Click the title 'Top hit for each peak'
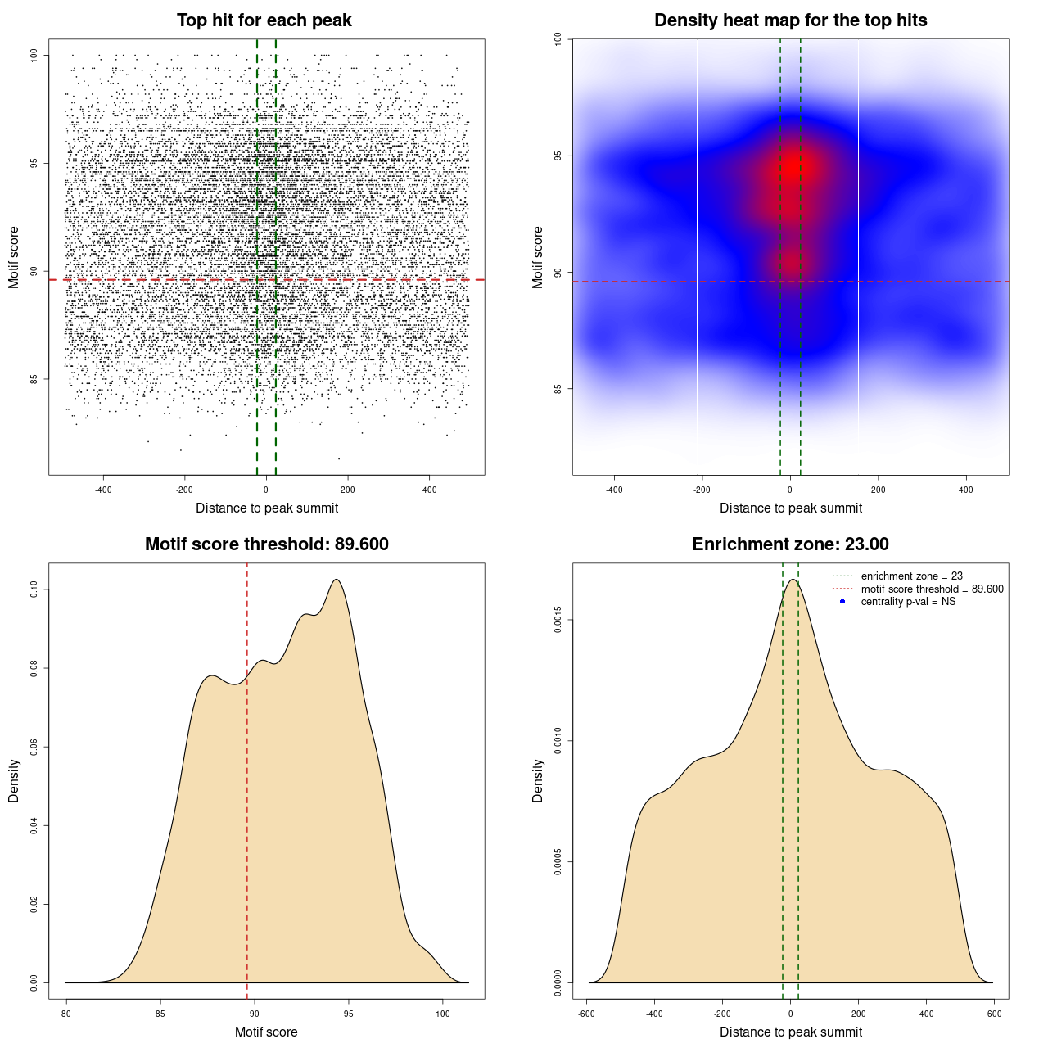tap(264, 20)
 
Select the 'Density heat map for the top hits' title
tap(790, 20)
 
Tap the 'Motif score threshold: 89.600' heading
tap(266, 544)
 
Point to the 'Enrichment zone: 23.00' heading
tap(790, 544)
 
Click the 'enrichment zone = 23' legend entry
tap(911, 576)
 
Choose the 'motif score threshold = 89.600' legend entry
tap(932, 589)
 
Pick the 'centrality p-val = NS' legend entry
tap(908, 602)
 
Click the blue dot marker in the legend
tap(842, 602)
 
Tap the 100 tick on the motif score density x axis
tap(443, 1014)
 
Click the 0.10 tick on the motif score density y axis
tap(34, 589)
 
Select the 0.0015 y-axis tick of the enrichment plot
tap(558, 620)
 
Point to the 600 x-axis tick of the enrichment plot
tap(995, 1014)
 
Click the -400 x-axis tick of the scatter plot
tap(103, 490)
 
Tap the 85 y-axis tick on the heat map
tap(558, 389)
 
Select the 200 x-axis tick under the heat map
tap(878, 490)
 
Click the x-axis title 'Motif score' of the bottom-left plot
tap(266, 1032)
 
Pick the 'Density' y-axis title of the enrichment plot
tap(538, 780)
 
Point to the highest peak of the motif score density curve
tap(336, 580)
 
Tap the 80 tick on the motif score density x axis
tap(66, 1014)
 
